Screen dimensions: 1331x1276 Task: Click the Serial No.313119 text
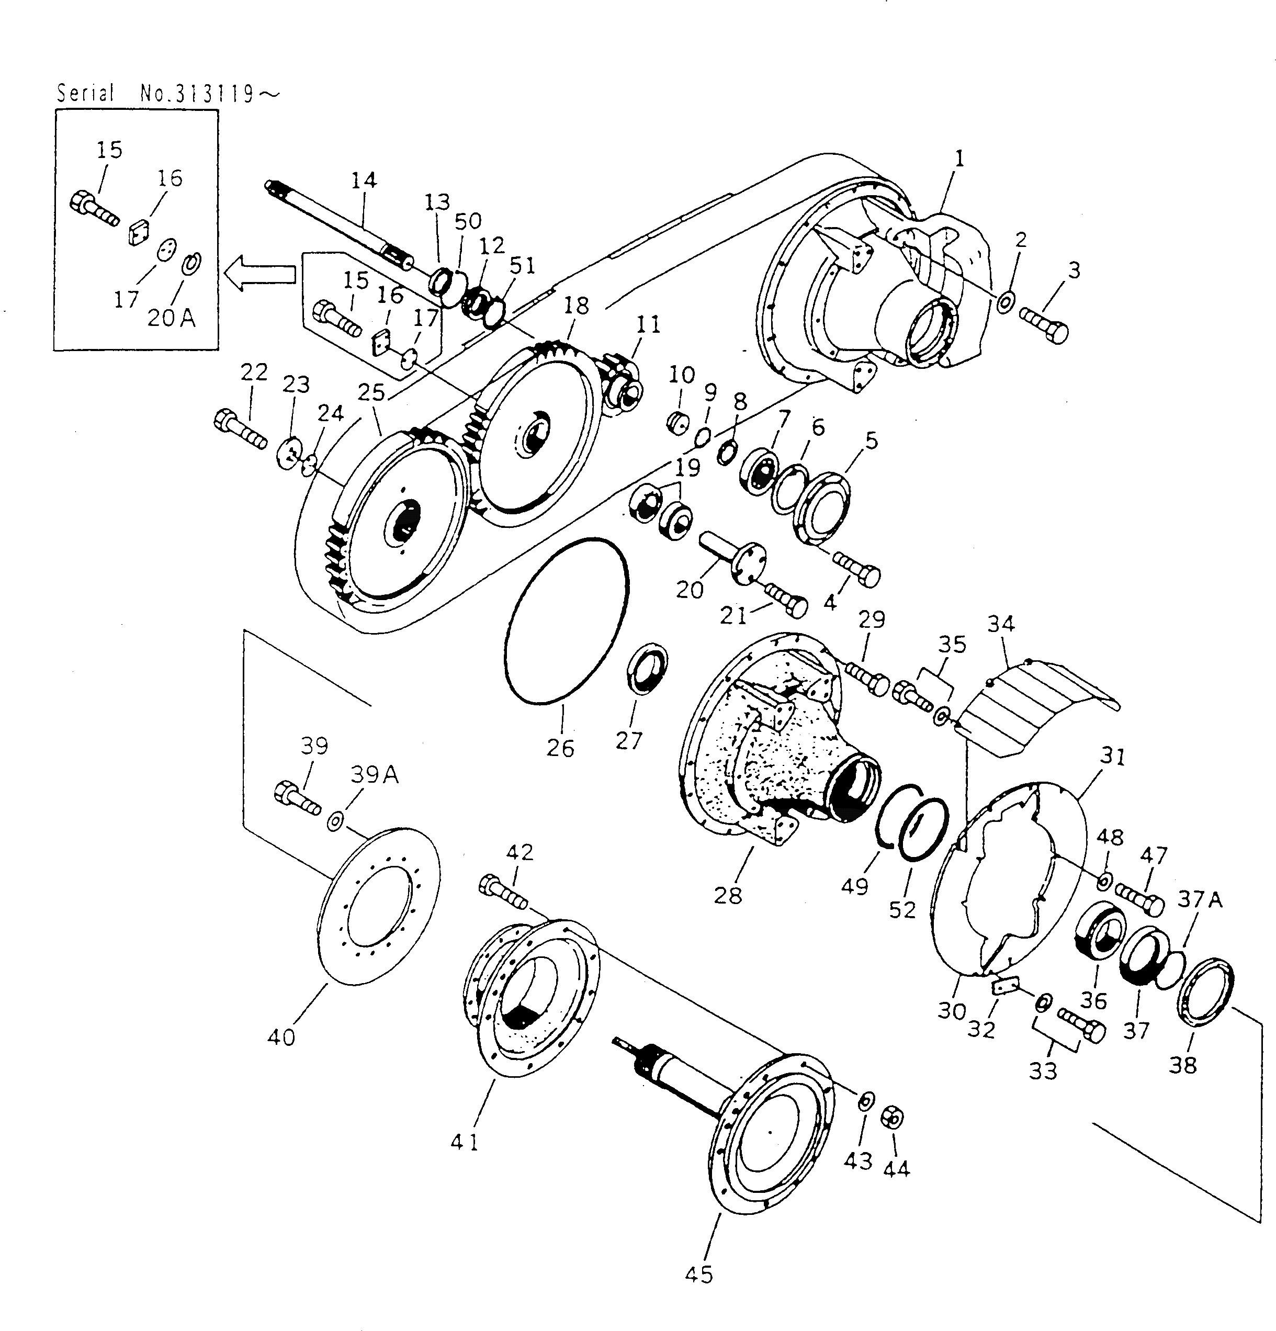point(166,93)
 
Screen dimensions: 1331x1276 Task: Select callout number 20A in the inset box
point(171,318)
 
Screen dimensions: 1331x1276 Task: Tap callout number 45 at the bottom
point(699,1274)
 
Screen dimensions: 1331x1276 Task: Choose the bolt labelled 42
point(503,892)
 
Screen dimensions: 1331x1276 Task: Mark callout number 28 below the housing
point(728,896)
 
